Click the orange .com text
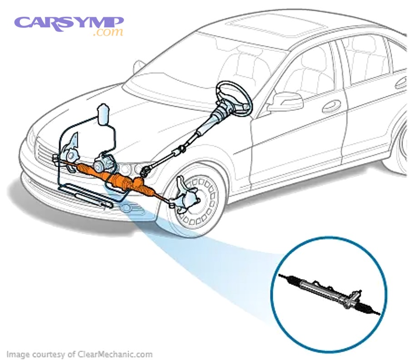pos(108,33)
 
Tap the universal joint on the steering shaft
pos(146,171)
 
